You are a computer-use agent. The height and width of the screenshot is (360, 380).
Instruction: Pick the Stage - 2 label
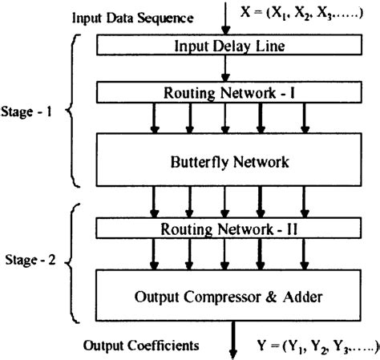point(26,261)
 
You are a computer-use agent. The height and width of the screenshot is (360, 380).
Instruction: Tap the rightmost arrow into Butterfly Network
point(304,118)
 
